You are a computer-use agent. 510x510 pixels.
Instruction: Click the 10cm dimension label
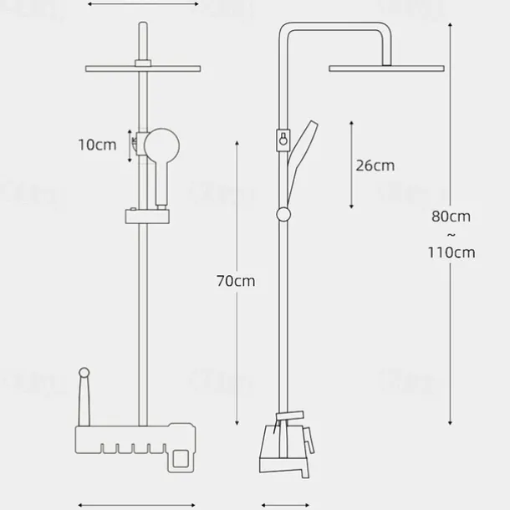point(97,145)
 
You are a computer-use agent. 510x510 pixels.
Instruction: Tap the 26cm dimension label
point(375,165)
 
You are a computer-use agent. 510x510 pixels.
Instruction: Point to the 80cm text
point(451,217)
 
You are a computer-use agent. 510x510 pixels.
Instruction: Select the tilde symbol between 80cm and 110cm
point(451,235)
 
